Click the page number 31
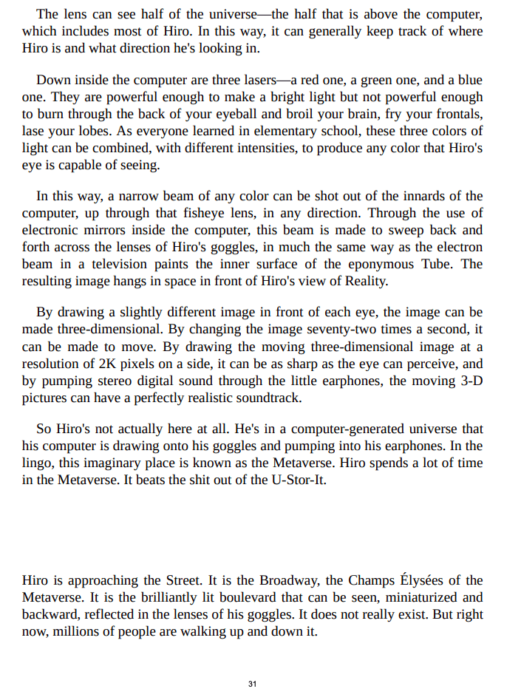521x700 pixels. pyautogui.click(x=252, y=684)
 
